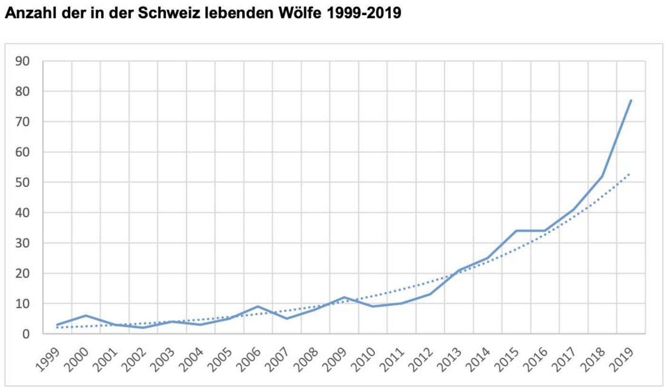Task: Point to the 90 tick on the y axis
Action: click(x=23, y=61)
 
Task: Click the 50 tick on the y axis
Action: click(x=23, y=183)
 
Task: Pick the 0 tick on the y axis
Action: click(x=27, y=334)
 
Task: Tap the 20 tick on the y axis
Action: click(x=23, y=273)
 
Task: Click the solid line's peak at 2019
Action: click(x=631, y=100)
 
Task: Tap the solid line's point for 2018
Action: click(x=602, y=176)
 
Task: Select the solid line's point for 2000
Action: click(x=86, y=316)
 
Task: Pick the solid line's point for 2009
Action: click(x=344, y=298)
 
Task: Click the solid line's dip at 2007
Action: click(x=286, y=319)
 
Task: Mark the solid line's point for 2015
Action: click(x=516, y=231)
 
